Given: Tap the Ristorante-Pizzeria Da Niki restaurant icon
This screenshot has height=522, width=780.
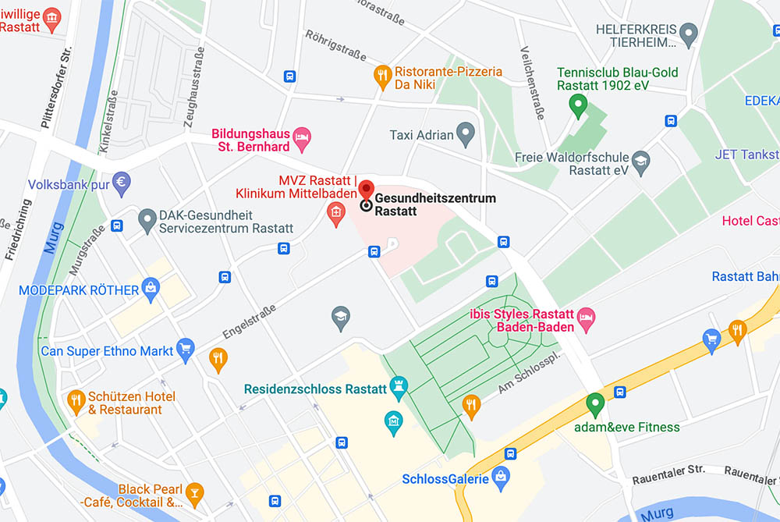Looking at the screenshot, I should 381,76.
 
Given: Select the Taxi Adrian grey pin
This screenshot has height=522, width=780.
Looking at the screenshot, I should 466,133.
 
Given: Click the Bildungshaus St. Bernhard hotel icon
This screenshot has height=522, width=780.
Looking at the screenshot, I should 302,139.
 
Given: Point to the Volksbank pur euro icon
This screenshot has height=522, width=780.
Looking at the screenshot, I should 121,183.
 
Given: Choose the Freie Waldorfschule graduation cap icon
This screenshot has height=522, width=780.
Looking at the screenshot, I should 641,162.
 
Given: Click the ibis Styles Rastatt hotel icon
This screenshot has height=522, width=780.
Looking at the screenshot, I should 587,317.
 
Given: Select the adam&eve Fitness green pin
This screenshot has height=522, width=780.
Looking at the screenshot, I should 595,404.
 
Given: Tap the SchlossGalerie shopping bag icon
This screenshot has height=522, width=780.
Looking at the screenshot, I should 501,474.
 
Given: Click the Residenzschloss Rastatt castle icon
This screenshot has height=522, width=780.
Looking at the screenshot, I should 399,387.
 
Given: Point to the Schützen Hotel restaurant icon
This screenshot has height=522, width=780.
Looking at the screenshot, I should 76,401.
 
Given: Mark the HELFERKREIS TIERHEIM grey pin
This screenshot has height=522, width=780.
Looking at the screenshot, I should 688,34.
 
